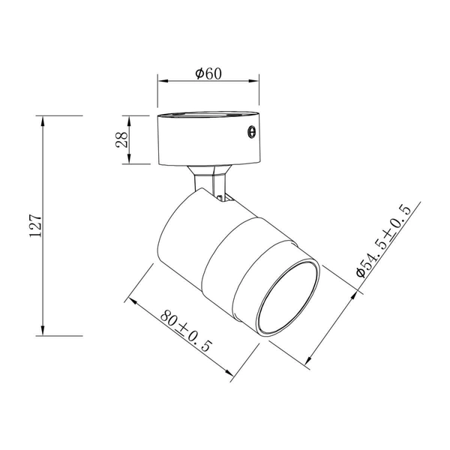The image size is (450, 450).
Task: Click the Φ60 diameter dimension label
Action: point(207,73)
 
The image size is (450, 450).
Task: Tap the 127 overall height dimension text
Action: point(33,225)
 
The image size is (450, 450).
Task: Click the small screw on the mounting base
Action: point(251,132)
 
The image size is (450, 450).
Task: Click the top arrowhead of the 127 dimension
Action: point(43,121)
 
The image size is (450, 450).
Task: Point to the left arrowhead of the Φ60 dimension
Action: point(161,84)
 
